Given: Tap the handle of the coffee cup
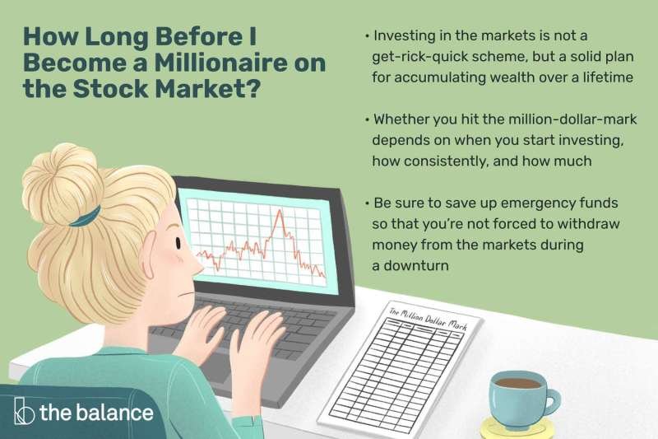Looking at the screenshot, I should [551, 401].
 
